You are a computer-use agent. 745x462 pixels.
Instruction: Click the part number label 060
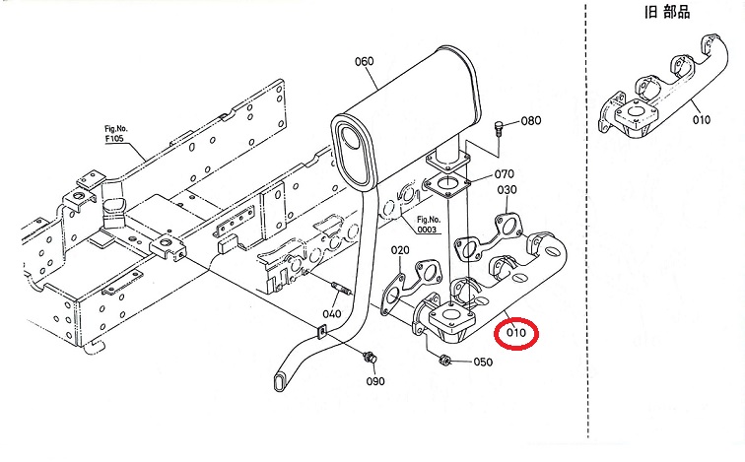point(364,61)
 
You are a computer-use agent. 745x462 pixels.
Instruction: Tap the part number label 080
point(531,121)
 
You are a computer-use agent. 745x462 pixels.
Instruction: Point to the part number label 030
point(508,190)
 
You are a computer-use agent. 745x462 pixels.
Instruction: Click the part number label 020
point(399,250)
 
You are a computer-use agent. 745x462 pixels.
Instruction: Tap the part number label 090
point(375,381)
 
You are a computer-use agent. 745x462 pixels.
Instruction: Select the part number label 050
point(482,362)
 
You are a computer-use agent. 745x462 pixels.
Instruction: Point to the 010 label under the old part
point(701,120)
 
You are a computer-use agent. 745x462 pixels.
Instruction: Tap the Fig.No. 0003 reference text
point(428,224)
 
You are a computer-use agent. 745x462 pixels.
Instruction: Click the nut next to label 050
point(444,359)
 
